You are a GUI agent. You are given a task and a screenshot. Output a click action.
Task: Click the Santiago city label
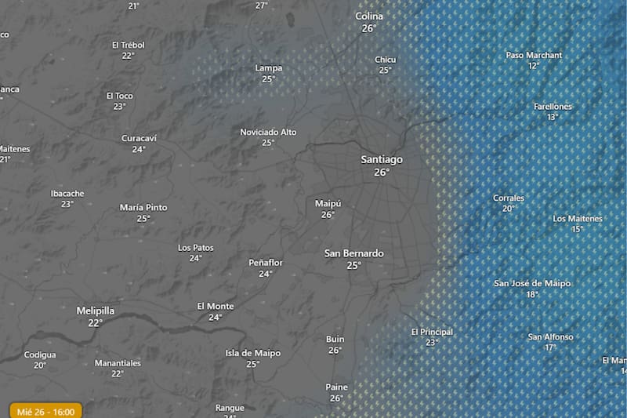click(x=382, y=159)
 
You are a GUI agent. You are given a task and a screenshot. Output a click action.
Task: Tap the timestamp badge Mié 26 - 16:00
click(x=46, y=411)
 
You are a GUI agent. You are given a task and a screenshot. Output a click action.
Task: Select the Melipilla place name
click(x=96, y=311)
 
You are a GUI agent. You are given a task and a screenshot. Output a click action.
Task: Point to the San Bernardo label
click(x=354, y=253)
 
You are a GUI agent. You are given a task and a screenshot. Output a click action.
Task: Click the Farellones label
click(x=553, y=107)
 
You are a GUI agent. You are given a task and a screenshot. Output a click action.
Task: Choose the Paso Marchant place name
click(x=534, y=56)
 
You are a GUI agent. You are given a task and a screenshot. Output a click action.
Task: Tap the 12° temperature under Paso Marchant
click(x=534, y=66)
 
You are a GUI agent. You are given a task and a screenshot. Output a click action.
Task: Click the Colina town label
click(x=369, y=16)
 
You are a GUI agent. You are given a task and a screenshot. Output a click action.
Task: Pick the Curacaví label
click(x=139, y=138)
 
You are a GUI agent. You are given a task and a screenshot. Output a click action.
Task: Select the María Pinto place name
click(x=143, y=208)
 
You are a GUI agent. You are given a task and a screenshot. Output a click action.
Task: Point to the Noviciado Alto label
click(x=268, y=132)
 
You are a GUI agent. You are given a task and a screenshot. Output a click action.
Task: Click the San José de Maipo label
click(x=532, y=283)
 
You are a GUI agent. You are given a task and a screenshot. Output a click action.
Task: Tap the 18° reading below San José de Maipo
click(x=532, y=294)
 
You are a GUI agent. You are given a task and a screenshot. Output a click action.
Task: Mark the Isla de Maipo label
click(x=252, y=353)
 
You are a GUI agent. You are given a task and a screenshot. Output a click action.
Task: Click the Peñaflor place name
click(x=266, y=263)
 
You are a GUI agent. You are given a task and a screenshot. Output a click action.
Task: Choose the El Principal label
click(x=432, y=332)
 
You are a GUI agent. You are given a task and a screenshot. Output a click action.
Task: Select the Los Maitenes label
click(x=578, y=219)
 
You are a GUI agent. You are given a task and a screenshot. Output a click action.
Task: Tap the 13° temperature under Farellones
click(x=553, y=117)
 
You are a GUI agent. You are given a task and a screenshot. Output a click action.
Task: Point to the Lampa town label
click(x=269, y=68)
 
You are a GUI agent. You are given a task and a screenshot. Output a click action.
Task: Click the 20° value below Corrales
click(x=509, y=209)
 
